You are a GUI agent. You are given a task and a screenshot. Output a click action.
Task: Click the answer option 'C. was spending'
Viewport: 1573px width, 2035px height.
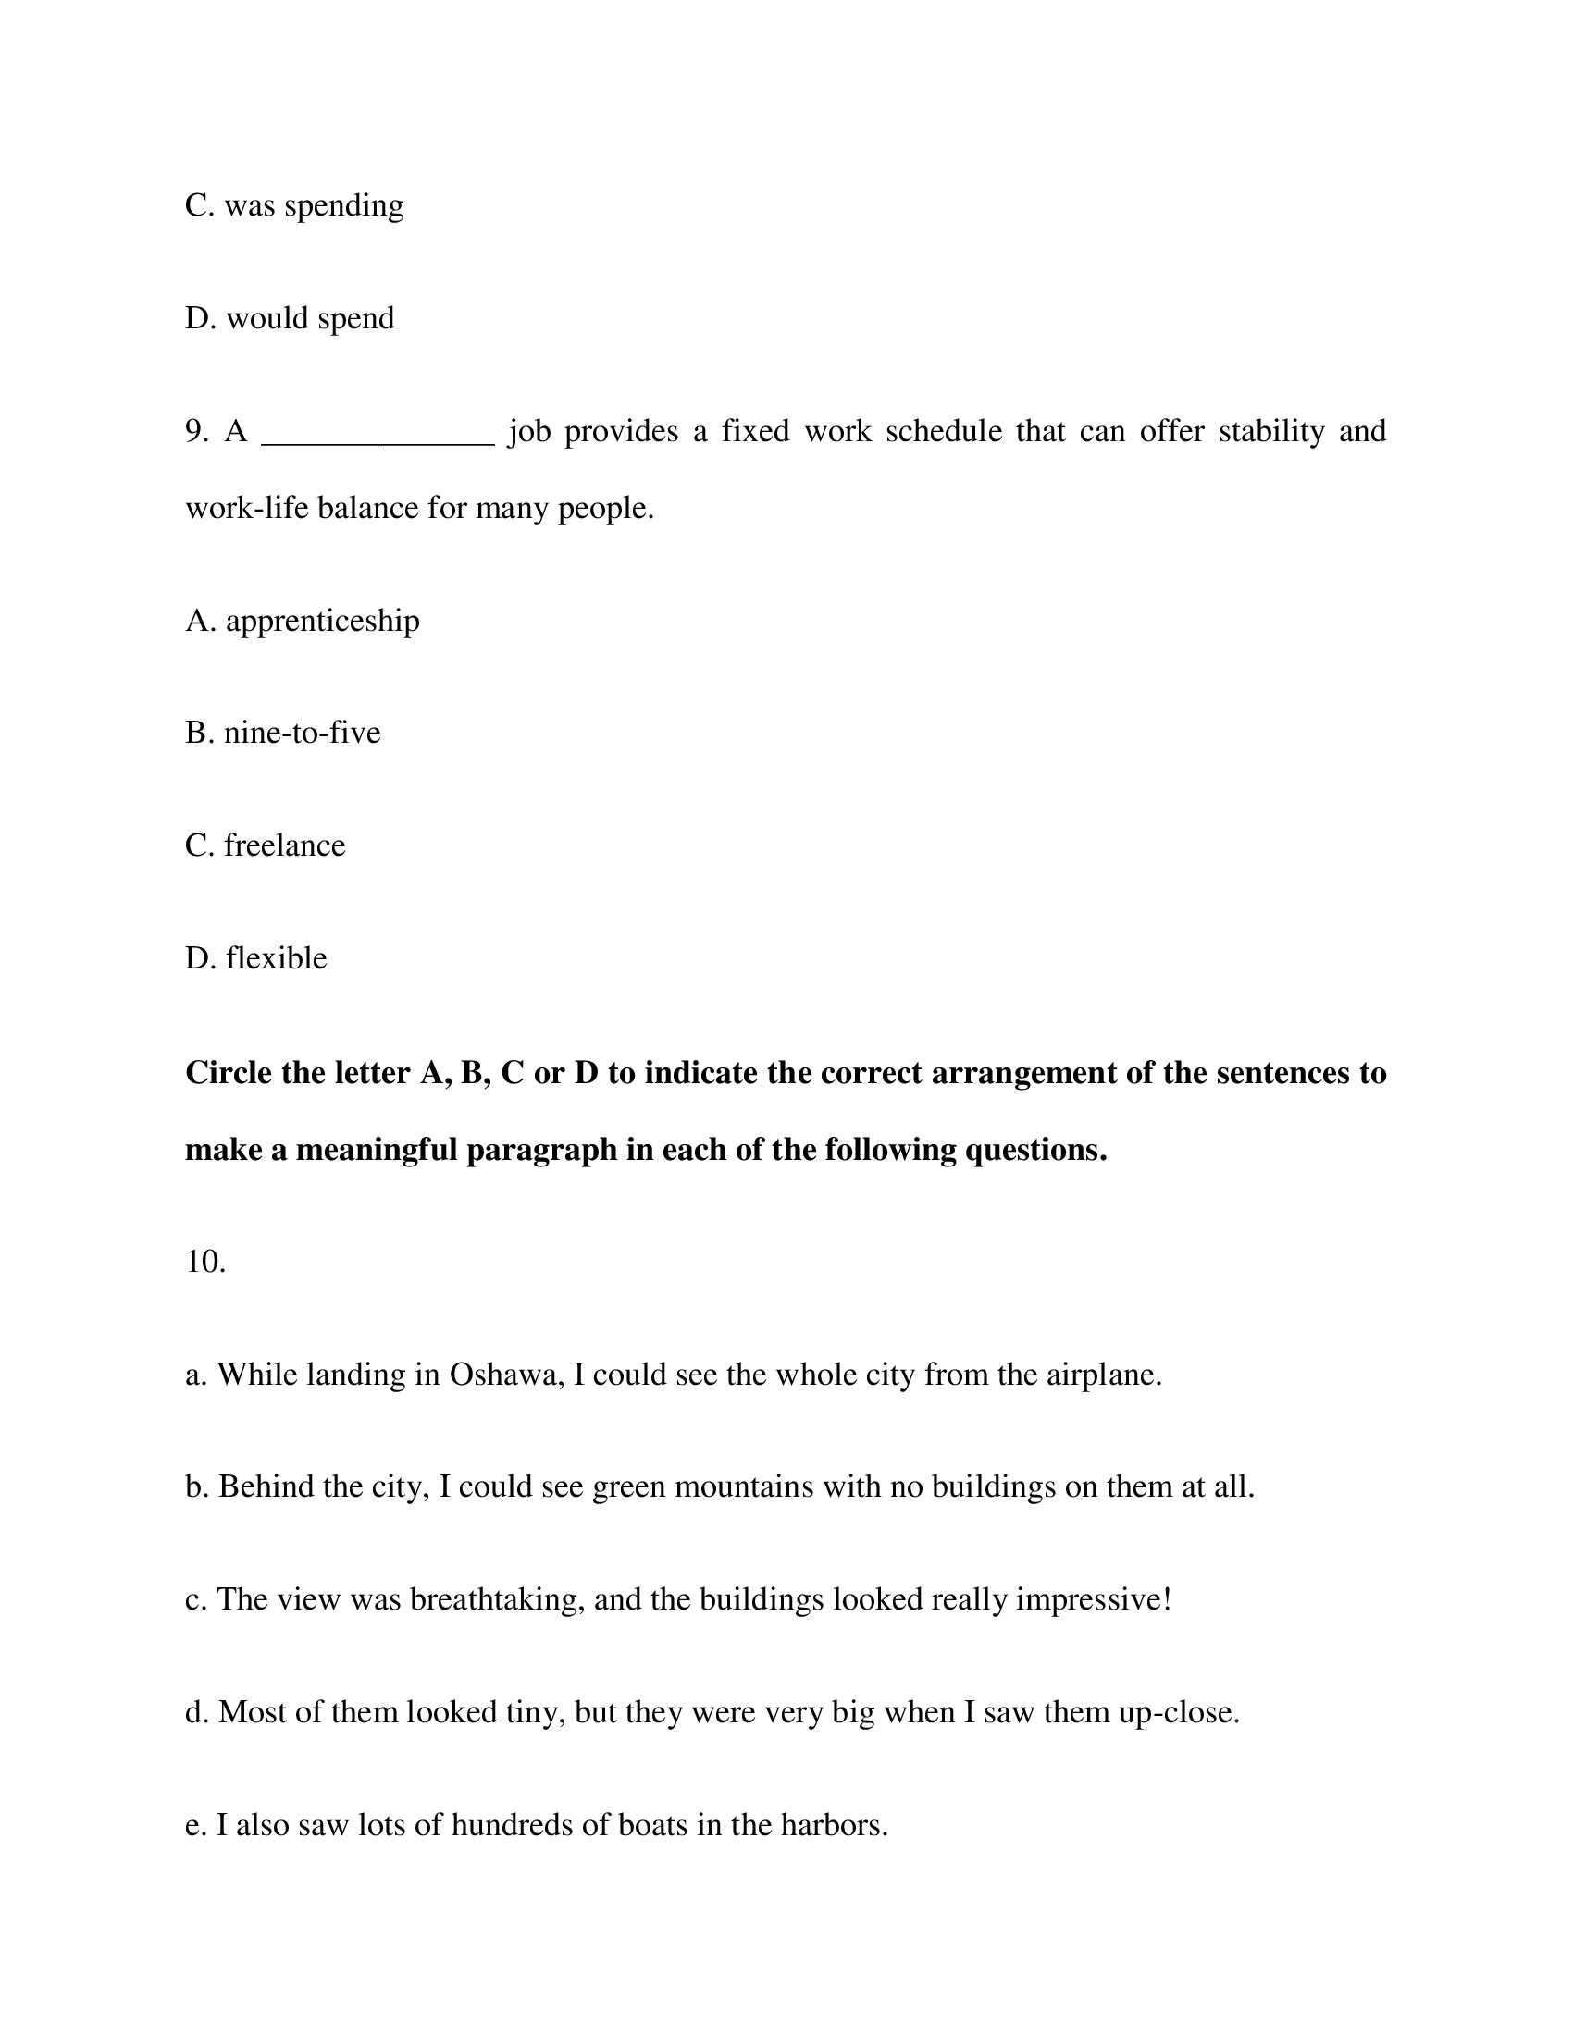tap(294, 206)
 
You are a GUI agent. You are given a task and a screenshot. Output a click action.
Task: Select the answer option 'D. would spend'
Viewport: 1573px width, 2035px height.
tap(290, 319)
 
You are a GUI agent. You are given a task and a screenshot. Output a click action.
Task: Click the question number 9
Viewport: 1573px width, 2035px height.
tap(195, 431)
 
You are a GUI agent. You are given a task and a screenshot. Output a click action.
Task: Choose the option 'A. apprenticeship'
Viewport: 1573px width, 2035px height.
tap(303, 621)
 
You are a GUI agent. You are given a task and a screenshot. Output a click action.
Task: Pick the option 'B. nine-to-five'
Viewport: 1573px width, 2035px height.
tap(283, 733)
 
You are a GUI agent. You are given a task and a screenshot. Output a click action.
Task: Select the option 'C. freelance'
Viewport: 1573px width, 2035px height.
tap(266, 845)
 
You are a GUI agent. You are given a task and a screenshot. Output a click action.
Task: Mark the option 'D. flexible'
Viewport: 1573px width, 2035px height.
tap(256, 958)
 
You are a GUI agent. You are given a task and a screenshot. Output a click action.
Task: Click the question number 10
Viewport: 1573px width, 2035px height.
tap(205, 1262)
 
